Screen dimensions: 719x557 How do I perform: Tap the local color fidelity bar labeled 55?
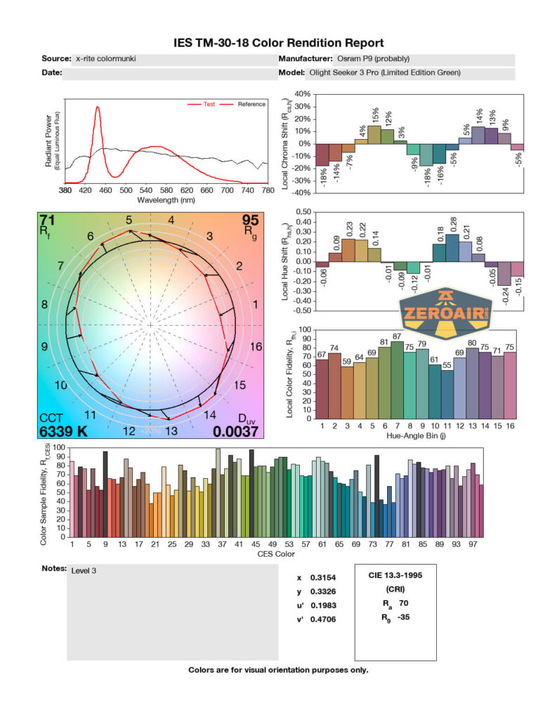(x=447, y=394)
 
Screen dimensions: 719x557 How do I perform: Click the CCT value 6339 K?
(x=63, y=431)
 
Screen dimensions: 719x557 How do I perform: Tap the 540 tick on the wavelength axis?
(x=388, y=190)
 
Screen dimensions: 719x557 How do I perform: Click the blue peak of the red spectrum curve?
(x=97, y=107)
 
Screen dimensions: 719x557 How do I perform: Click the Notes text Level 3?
(x=84, y=571)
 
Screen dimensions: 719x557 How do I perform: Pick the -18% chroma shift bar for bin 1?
(x=322, y=154)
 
